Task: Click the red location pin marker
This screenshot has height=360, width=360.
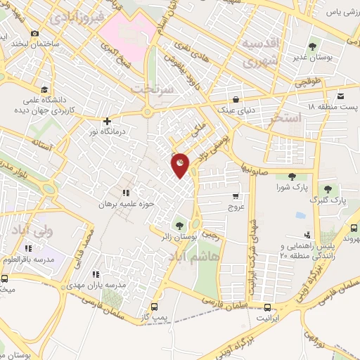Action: pos(181,165)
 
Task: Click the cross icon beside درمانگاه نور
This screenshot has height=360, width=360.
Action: pos(107,120)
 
